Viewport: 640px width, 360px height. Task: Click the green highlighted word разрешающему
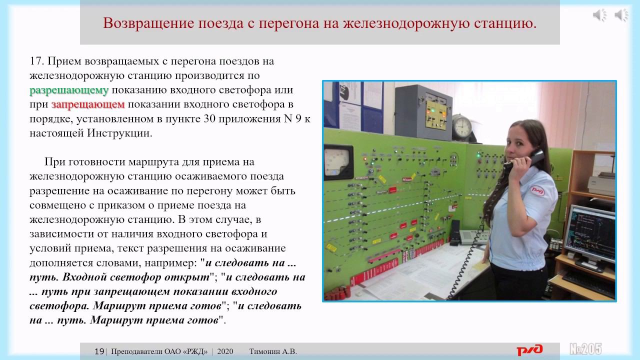[x=69, y=90]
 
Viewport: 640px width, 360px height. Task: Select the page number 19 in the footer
[x=99, y=351]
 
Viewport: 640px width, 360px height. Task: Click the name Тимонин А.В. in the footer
[x=273, y=351]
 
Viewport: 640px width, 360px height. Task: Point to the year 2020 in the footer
[x=225, y=351]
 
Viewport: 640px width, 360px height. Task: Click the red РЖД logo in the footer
[x=529, y=350]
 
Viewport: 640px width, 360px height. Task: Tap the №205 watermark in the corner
[x=585, y=349]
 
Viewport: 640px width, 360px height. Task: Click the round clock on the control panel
[x=463, y=127]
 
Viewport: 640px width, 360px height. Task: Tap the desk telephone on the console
[x=473, y=235]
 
